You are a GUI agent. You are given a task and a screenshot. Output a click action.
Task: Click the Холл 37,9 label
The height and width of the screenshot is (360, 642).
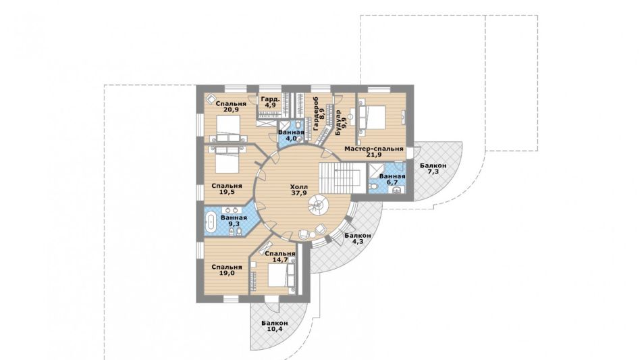coord(298,189)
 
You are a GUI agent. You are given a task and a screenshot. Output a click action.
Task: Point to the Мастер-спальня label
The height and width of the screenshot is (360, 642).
coord(373,149)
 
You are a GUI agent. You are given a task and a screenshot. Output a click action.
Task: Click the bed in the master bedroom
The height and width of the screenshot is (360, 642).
coord(373,119)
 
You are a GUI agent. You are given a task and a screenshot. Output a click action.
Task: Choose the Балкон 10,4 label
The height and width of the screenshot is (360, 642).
coord(274,326)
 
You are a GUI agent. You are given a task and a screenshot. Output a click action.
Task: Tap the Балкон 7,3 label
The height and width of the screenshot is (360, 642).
coord(433,169)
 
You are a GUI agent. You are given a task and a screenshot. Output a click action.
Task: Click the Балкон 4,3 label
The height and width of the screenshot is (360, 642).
coord(357,239)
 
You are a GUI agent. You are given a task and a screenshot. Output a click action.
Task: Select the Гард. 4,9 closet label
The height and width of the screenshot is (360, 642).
coord(270,102)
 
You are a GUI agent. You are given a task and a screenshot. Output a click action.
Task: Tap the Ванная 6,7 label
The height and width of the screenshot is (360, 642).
coord(392,180)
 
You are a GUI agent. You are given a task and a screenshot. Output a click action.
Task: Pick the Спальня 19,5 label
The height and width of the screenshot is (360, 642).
coord(226,189)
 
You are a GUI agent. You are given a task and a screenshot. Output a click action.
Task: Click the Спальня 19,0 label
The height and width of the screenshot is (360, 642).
coord(226,270)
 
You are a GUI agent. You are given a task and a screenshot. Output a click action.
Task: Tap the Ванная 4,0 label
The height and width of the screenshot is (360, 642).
coord(291,136)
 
